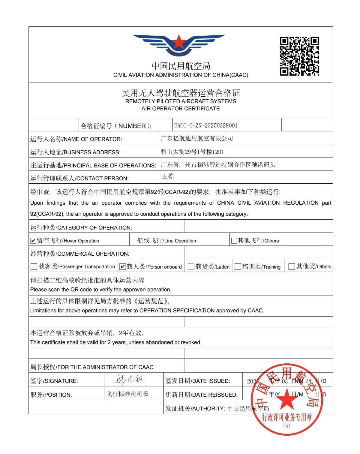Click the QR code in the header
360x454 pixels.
[x=299, y=56]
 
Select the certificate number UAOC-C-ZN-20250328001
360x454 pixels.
[x=206, y=125]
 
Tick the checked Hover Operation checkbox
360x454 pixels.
[x=33, y=241]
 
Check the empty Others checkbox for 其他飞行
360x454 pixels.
[x=234, y=241]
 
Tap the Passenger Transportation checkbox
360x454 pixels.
[x=34, y=266]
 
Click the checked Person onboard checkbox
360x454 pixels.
[x=122, y=266]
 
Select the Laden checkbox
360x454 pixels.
[x=191, y=266]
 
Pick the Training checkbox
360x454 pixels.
[x=238, y=266]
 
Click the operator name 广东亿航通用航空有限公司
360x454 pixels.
[x=197, y=138]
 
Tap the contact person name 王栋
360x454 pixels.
[x=168, y=176]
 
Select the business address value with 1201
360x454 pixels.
[x=193, y=152]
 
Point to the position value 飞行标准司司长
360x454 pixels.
[x=127, y=394]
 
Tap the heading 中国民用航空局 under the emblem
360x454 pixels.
[x=181, y=66]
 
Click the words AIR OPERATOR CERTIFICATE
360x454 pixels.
[x=181, y=109]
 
